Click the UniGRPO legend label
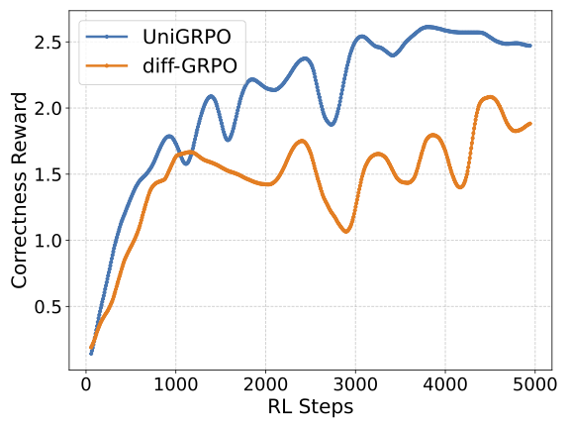click(186, 37)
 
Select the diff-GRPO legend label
click(190, 65)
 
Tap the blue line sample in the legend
click(107, 37)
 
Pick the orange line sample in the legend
click(107, 65)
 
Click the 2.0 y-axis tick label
click(48, 108)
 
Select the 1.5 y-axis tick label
click(48, 174)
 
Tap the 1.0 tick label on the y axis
click(48, 241)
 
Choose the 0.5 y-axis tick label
click(48, 307)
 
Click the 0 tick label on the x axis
click(86, 384)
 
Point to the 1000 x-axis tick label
click(175, 384)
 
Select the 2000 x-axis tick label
click(265, 384)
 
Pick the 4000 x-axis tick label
click(445, 384)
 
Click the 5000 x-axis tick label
click(534, 384)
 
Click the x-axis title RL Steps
click(311, 406)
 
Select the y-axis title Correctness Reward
click(19, 190)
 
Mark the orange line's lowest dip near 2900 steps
click(346, 231)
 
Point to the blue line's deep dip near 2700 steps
click(332, 124)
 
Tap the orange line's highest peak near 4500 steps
click(490, 97)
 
